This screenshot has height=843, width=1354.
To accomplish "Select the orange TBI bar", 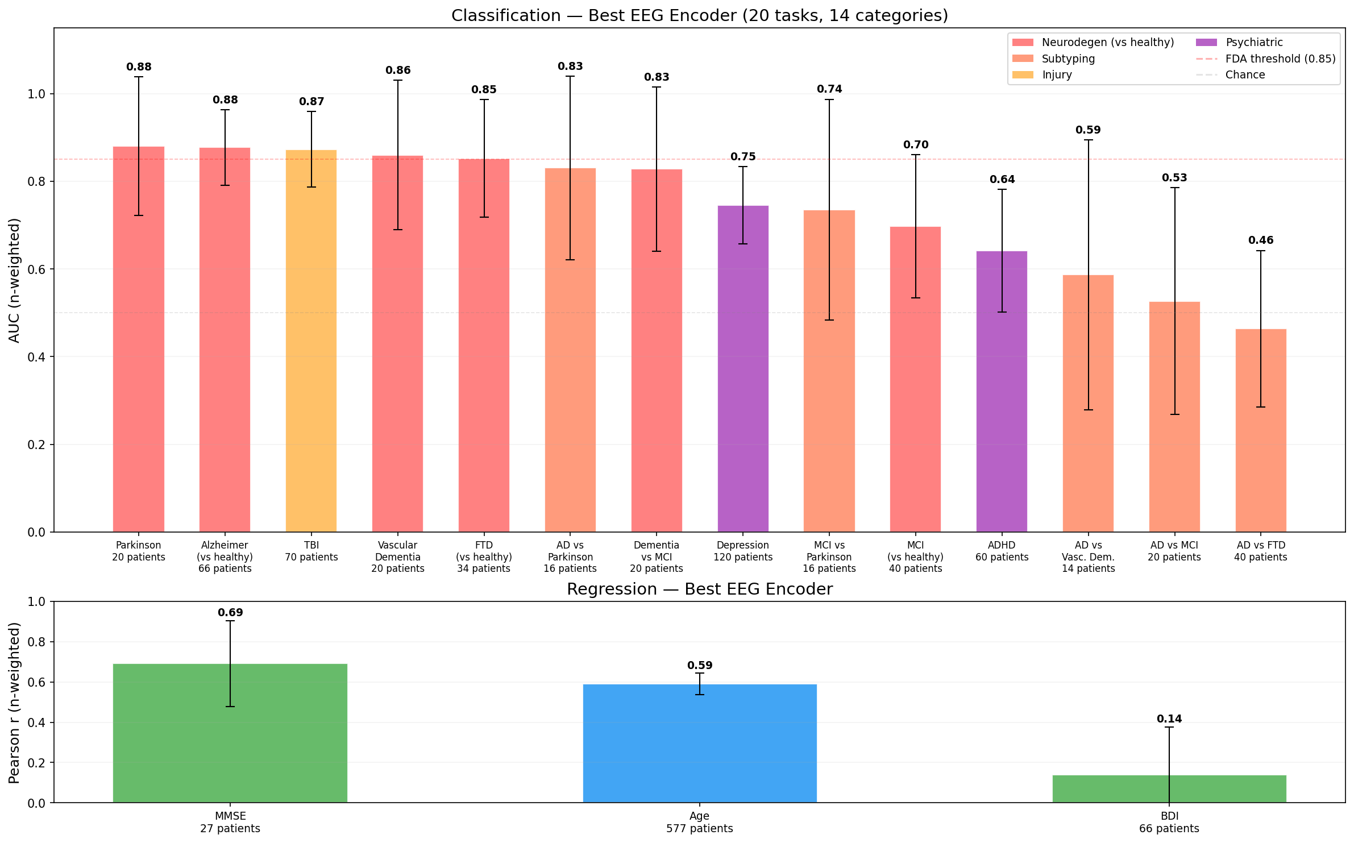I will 311,341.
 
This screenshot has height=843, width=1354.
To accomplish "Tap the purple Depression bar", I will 743,369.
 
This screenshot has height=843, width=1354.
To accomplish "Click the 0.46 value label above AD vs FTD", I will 1261,240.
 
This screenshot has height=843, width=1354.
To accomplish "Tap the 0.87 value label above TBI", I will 311,102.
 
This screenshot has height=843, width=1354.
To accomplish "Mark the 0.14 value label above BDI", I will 1169,719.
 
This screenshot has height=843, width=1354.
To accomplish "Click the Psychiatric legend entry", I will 1254,43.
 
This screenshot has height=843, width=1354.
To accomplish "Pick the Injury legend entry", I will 1057,75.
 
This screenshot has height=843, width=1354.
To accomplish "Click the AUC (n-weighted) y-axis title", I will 15,280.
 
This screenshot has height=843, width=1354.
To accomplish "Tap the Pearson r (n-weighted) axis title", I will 15,703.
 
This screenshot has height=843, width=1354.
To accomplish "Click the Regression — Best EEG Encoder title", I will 700,589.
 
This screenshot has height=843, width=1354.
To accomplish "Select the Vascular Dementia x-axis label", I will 398,557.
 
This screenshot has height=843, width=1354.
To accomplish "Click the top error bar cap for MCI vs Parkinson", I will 829,100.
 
